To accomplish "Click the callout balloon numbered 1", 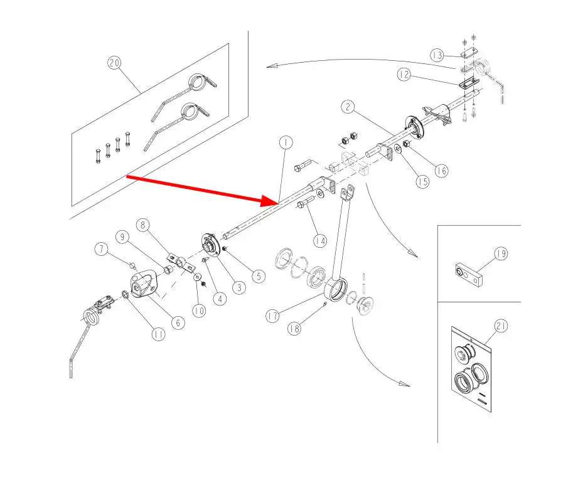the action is click(x=286, y=142).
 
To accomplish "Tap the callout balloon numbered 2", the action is click(x=348, y=107).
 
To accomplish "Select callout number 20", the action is click(x=114, y=63).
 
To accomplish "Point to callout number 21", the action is click(x=501, y=326).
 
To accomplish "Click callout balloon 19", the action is click(x=501, y=254).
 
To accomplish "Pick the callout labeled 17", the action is click(x=273, y=316).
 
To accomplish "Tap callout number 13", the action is click(x=437, y=56).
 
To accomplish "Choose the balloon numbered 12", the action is click(x=404, y=75).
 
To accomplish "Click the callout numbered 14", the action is click(x=319, y=241).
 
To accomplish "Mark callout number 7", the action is click(x=102, y=249).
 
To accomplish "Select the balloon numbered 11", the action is click(x=159, y=334).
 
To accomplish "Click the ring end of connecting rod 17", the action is click(x=336, y=290).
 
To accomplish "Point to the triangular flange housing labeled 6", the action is click(x=142, y=284).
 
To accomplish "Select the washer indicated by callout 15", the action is click(x=398, y=149).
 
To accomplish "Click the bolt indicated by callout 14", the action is click(x=306, y=203).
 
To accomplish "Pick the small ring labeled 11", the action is click(x=125, y=295).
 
